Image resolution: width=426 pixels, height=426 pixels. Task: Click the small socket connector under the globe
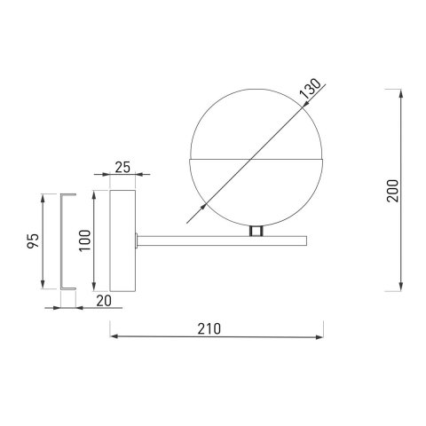click(256, 231)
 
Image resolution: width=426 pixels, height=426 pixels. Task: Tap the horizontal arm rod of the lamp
click(222, 238)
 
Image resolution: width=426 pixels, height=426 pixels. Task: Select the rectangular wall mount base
click(121, 240)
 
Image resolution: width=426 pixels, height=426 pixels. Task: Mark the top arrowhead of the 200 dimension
click(405, 92)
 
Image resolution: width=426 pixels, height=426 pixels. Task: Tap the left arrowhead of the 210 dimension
click(113, 336)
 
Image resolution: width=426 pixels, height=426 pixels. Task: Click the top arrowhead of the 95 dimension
click(45, 195)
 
